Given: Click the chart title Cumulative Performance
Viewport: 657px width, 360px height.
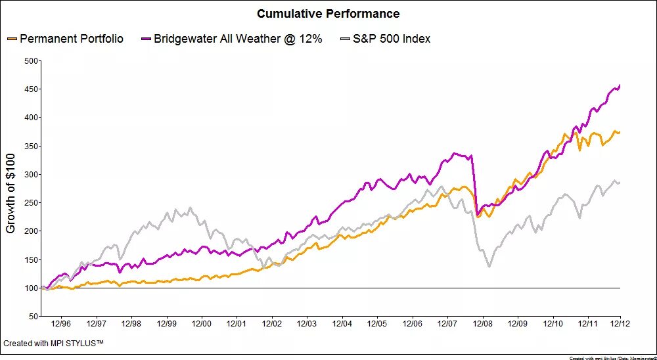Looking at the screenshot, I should (x=328, y=14).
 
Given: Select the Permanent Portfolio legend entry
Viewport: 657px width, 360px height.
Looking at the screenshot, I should (x=71, y=39).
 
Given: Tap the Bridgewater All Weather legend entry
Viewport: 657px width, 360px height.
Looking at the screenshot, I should (x=238, y=39).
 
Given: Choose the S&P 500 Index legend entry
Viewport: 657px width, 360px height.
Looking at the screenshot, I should (x=391, y=39).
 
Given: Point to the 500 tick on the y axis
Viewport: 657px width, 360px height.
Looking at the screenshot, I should (x=31, y=61).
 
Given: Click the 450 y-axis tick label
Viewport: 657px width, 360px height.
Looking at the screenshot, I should (x=31, y=89).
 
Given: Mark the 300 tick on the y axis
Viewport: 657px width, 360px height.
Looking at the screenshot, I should (x=31, y=175).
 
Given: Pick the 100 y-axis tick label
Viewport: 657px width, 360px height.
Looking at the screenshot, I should (x=31, y=288).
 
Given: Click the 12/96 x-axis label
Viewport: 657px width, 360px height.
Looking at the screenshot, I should (x=61, y=324).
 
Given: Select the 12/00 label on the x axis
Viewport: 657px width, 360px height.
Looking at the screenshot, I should (x=202, y=324).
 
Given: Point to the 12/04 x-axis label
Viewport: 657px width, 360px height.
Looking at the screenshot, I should (x=342, y=324).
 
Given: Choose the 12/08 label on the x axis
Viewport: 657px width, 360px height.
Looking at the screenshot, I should (x=482, y=324).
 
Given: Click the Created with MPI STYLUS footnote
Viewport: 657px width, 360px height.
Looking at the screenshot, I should (x=53, y=344).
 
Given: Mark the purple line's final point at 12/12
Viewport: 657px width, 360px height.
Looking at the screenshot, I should (x=620, y=85).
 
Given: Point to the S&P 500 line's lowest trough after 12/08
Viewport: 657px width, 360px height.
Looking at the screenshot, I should (x=489, y=266).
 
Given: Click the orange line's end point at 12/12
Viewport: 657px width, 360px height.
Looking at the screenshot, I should (x=620, y=133).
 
